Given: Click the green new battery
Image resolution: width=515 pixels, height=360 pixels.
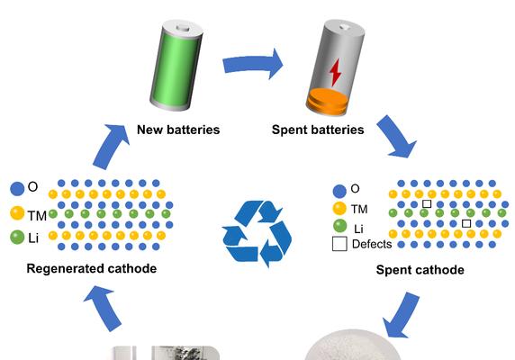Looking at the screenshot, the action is (x=176, y=66).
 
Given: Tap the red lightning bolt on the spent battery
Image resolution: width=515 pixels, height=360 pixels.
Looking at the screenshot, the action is (x=335, y=73).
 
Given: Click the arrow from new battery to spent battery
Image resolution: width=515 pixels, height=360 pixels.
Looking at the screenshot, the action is (x=252, y=64).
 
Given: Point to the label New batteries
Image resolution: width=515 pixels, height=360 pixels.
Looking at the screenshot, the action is (x=178, y=130).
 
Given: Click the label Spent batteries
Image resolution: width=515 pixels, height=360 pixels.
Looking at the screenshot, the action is (x=318, y=130).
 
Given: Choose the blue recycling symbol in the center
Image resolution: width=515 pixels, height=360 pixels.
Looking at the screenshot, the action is (x=257, y=234).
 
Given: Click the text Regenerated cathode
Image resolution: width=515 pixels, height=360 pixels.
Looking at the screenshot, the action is (x=92, y=268).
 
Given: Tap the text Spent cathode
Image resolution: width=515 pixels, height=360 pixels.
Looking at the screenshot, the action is (x=420, y=270).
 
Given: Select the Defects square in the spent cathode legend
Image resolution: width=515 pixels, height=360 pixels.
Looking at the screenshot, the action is (x=339, y=244).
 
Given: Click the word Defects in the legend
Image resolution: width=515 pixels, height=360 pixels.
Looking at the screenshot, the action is (x=372, y=244).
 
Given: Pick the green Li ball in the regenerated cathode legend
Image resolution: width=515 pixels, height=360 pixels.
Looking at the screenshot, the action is (x=17, y=237).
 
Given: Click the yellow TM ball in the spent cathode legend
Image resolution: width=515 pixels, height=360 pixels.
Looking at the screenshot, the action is (x=339, y=209).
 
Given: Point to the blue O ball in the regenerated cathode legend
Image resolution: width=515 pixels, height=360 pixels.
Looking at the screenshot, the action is (x=17, y=189).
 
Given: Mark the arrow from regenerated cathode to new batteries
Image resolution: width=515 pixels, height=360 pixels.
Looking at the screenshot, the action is (x=112, y=146).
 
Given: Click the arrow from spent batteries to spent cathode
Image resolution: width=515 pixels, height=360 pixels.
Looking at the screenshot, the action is (x=397, y=136).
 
